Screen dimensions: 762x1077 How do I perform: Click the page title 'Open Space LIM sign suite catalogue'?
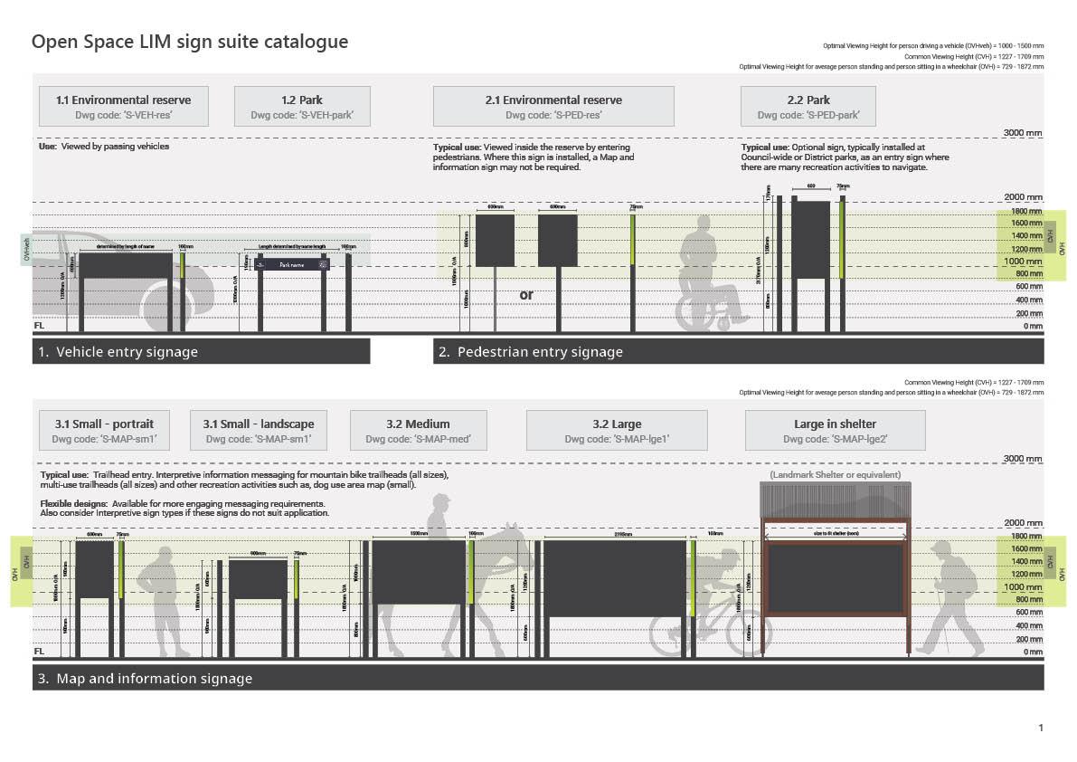[x=190, y=43]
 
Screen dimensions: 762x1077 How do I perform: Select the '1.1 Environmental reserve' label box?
[x=124, y=106]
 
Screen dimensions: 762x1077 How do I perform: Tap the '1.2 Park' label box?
[x=302, y=106]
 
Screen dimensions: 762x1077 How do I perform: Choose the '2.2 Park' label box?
[x=808, y=106]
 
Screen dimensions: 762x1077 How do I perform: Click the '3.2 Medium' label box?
[x=418, y=430]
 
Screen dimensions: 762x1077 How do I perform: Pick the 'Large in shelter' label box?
[x=835, y=430]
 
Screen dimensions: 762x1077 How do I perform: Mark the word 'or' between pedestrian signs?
[x=526, y=295]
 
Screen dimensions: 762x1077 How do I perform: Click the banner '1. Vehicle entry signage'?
[x=201, y=351]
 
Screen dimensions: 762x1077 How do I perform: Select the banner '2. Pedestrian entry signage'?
[x=738, y=351]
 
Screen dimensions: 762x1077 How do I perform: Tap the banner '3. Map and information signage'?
[x=538, y=678]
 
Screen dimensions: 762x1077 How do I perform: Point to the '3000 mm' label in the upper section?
[x=1022, y=133]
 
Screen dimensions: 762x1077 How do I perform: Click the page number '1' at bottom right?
[x=1041, y=728]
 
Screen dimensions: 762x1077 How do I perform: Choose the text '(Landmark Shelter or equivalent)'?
[x=834, y=475]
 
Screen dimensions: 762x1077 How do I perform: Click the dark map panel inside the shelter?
[x=835, y=580]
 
